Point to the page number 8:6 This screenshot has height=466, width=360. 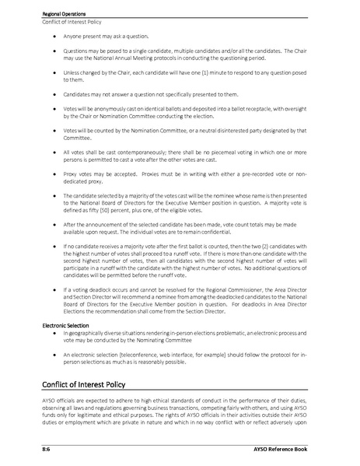point(46,450)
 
